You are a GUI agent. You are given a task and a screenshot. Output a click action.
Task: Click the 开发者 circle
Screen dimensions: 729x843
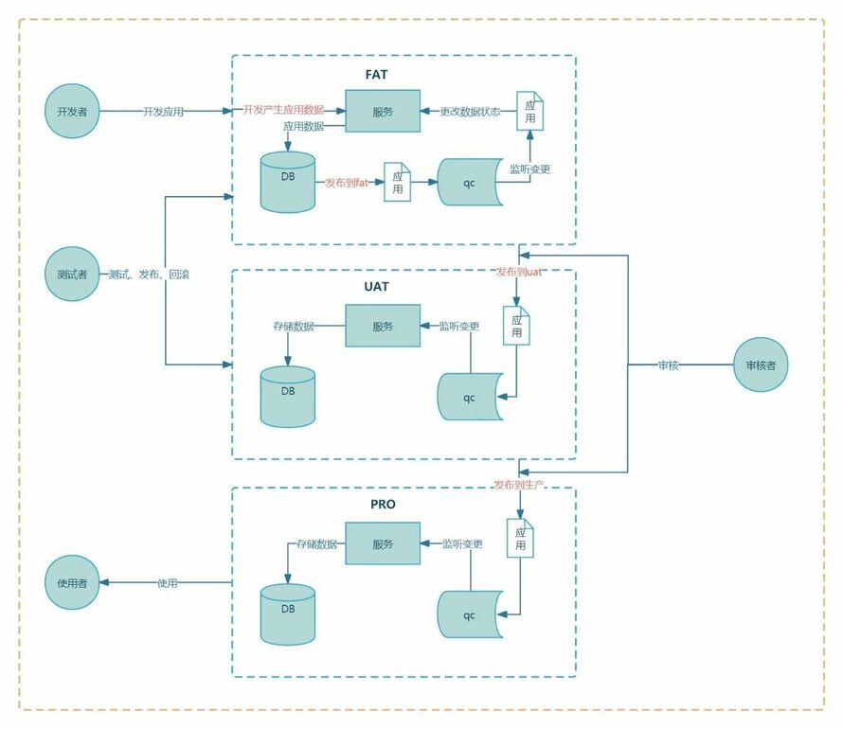point(71,112)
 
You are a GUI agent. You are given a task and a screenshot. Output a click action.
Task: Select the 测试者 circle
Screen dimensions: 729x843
point(71,275)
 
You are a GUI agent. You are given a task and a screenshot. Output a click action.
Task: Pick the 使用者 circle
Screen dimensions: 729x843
point(71,583)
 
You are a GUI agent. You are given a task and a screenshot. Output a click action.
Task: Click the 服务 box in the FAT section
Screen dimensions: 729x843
point(383,112)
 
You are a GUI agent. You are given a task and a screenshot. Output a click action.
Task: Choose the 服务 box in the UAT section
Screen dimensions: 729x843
point(383,326)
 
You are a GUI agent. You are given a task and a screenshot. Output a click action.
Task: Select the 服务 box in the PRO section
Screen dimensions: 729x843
point(383,544)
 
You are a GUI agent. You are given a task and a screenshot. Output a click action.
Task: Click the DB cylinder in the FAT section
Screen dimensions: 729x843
point(288,182)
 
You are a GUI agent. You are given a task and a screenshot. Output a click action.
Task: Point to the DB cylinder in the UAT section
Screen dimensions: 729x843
point(288,396)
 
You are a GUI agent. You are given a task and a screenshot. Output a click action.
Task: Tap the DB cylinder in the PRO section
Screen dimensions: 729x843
point(288,613)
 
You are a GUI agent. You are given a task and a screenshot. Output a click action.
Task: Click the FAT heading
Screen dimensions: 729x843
point(377,74)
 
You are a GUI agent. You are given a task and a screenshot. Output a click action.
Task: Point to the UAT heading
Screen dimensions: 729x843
point(377,286)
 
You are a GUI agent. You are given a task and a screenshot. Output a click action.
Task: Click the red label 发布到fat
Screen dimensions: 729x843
point(346,182)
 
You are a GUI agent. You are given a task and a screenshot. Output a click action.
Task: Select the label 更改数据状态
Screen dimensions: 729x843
point(470,112)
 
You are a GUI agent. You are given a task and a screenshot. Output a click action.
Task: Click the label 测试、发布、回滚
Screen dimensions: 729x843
point(150,275)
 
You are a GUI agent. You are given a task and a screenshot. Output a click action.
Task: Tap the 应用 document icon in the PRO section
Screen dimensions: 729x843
point(521,540)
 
